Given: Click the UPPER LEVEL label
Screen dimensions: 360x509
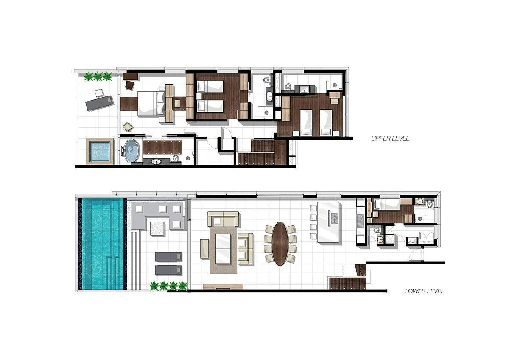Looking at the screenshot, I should pos(390,138).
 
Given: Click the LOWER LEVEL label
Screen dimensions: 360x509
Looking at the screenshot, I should pos(424,291).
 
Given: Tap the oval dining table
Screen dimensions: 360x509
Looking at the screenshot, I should pos(280,244).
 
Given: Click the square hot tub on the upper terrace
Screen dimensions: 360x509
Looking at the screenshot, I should pos(101,151).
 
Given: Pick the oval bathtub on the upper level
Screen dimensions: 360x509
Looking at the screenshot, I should pos(132,151).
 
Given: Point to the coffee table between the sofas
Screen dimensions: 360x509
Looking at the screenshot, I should pos(223,248).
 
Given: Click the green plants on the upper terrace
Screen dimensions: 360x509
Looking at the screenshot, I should pos(98,76).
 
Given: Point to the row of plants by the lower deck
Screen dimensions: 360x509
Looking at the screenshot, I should pos(168,286).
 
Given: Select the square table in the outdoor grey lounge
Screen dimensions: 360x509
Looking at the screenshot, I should pos(158,228).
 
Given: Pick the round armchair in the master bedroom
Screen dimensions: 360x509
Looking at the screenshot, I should pos(128,126).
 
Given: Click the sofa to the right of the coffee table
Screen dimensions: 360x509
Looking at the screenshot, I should pos(246,249).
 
